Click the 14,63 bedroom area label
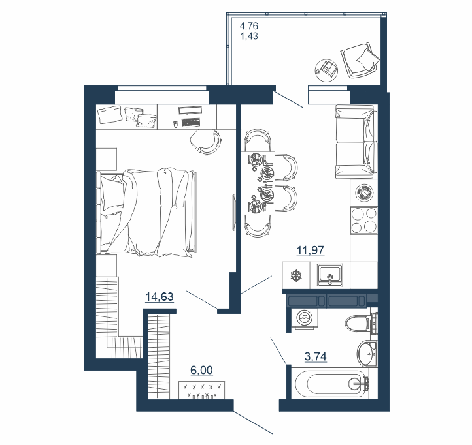(160, 297)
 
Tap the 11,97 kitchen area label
(311, 250)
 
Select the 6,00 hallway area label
(202, 370)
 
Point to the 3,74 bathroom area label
(316, 357)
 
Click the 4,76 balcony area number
(249, 26)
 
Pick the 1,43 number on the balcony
(249, 37)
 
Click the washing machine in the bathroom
(305, 318)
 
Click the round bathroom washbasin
(367, 354)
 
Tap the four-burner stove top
(364, 221)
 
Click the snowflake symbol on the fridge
(296, 275)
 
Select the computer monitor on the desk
(189, 110)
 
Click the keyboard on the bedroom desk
(191, 122)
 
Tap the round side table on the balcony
(326, 70)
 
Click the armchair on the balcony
(360, 60)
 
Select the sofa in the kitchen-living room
(356, 142)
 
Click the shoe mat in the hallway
(202, 390)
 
